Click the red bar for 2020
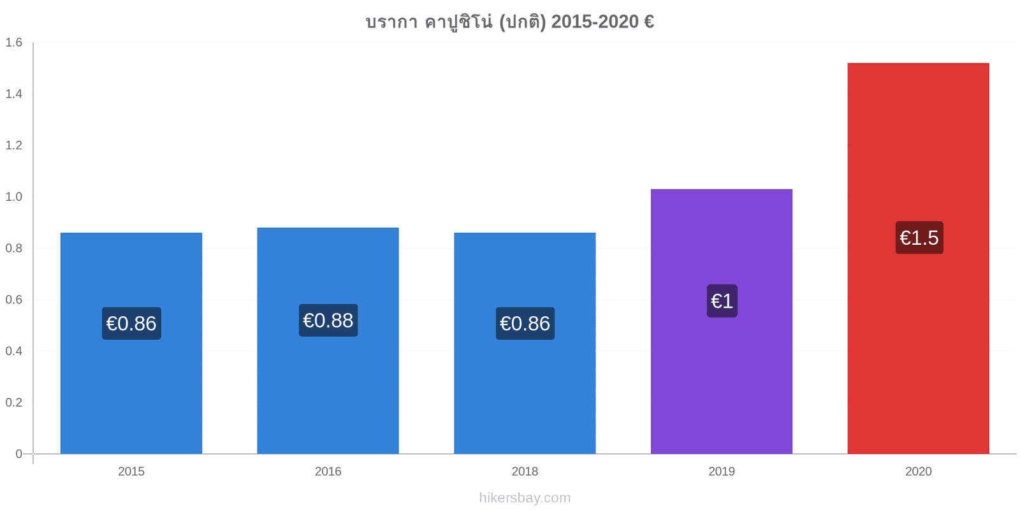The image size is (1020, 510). pos(918,258)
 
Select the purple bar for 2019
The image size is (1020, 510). pos(721,321)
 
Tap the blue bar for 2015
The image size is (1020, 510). pos(131,344)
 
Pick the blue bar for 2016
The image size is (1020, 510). pos(328,340)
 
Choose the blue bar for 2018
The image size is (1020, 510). pos(525,344)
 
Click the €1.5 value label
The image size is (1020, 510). pos(919,238)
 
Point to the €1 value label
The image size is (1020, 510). pos(722,301)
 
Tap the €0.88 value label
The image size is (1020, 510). pos(328,321)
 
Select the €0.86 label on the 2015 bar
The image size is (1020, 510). pos(131,323)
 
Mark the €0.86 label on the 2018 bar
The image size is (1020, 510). pos(525,323)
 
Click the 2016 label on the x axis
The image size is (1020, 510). pos(328,471)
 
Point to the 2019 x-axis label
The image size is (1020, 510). pos(721,471)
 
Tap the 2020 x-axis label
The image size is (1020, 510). pos(918,471)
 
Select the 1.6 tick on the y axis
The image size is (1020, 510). pos(13,42)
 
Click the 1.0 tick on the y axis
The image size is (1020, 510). pos(13,197)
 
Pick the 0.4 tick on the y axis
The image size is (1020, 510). pos(13,351)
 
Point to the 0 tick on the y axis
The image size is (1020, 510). pos(18,453)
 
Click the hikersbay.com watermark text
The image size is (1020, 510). pos(525,498)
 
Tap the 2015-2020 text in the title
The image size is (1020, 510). pos(595,22)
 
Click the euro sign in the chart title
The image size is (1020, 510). pos(650,22)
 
